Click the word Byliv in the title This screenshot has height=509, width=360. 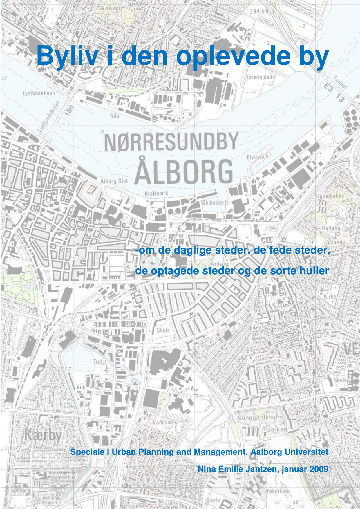click(x=67, y=56)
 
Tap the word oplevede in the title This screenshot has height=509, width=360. click(x=233, y=56)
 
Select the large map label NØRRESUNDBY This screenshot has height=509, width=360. click(x=171, y=142)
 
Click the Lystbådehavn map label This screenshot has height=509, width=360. click(x=39, y=93)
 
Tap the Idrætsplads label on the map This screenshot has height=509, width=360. click(x=261, y=77)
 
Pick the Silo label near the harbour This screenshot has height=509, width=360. click(x=114, y=116)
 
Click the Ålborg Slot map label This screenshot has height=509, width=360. click(x=114, y=181)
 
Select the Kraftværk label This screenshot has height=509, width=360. click(x=156, y=193)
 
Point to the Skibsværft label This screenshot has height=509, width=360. click(x=215, y=202)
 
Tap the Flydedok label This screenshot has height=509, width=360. click(x=258, y=157)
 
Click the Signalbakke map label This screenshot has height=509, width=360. click(x=329, y=196)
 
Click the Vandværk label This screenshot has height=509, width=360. click(x=165, y=422)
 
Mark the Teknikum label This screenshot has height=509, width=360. click(x=278, y=491)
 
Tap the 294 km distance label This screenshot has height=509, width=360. click(x=259, y=11)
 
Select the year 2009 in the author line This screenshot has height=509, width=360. click(x=319, y=469)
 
